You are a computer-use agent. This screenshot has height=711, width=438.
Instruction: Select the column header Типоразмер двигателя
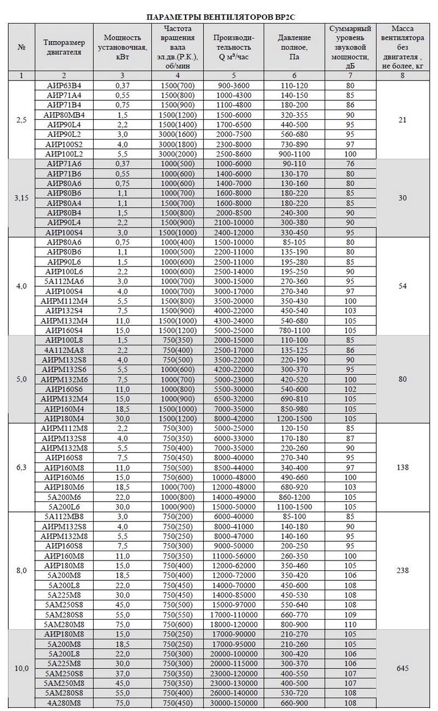[64, 47]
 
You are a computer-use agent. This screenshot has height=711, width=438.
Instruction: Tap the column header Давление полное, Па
[294, 47]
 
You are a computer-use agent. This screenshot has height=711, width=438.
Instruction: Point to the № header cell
[22, 47]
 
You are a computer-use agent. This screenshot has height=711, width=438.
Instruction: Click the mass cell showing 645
[402, 668]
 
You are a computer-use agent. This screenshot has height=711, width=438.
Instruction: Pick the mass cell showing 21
[402, 120]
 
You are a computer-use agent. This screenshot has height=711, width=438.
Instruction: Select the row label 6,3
[22, 467]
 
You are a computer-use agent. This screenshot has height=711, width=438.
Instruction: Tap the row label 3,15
[22, 198]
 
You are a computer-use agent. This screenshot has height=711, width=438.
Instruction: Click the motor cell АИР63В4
[64, 86]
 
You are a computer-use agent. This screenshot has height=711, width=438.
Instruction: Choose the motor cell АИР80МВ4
[64, 115]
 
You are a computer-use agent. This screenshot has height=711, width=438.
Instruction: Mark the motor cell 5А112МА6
[64, 281]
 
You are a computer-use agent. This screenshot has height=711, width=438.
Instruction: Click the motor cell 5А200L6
[64, 507]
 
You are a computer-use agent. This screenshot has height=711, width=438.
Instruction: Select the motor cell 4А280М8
[64, 703]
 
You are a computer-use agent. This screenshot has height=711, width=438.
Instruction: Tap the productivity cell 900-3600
[234, 86]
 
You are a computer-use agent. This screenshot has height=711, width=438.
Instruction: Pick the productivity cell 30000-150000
[234, 703]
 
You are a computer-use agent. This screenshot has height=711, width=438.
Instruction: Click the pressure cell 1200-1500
[294, 418]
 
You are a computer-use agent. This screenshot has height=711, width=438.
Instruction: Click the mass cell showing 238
[402, 570]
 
